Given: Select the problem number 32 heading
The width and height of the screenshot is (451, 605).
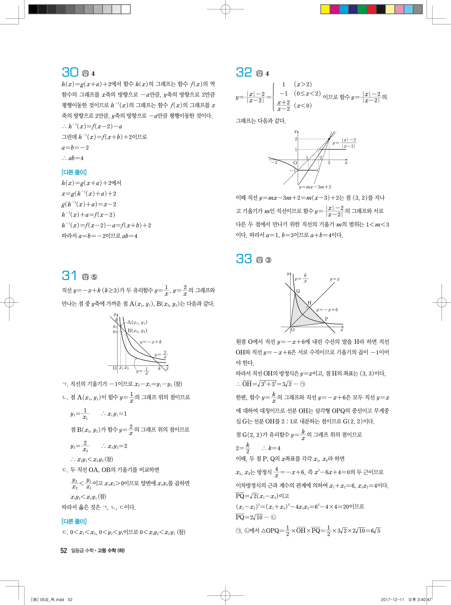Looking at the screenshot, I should click(244, 72).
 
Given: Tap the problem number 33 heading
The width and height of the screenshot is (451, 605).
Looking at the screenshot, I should click(244, 259).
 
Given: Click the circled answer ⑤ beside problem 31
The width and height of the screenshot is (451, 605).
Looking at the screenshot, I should click(94, 277).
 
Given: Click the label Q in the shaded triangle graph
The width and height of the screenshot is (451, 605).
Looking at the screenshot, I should click(298, 291).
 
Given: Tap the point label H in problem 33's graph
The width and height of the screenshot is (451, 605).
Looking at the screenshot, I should click(309, 303).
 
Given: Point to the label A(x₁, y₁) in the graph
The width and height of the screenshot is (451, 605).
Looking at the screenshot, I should click(137, 322).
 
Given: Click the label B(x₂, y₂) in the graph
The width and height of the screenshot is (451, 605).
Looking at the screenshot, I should click(137, 331).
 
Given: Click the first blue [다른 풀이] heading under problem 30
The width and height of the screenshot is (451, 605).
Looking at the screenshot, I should click(74, 172).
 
